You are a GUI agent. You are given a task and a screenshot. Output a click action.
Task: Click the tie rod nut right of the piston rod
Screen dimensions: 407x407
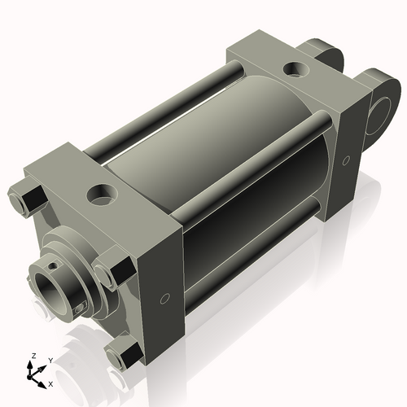(113, 271)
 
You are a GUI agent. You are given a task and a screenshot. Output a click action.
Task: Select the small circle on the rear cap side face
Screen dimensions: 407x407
(346, 158)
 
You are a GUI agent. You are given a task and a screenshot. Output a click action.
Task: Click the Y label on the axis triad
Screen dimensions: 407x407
(50, 359)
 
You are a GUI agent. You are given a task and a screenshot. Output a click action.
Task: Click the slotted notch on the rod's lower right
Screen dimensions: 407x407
(81, 307)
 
